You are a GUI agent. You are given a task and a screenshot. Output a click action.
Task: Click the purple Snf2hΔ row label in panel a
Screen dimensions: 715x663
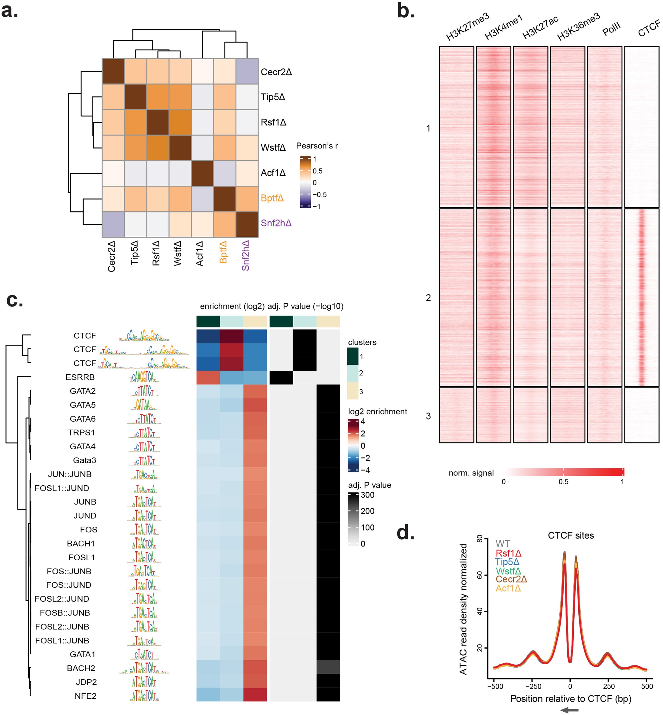coord(276,223)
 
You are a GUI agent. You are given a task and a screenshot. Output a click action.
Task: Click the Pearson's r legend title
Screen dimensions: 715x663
coord(317,146)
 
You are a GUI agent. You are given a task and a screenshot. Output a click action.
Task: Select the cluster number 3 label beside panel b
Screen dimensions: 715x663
coord(428,416)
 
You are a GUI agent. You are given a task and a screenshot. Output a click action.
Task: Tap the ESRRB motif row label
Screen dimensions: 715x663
coord(80,377)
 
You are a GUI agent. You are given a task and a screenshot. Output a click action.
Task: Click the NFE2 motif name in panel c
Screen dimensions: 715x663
coord(85,696)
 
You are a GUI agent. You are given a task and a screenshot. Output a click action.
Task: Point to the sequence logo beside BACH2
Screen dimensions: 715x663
coord(144,668)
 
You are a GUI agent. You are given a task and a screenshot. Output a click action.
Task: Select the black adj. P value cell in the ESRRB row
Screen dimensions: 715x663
coord(281,377)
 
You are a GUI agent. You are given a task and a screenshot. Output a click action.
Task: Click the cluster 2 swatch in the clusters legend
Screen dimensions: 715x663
coord(352,373)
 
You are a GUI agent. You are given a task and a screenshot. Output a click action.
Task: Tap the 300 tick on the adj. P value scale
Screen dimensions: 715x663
coord(367,495)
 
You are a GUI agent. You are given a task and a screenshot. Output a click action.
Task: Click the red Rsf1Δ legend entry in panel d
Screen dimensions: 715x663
coord(508,553)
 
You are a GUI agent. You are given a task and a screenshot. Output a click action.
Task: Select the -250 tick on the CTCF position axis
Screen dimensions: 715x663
coord(533,686)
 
